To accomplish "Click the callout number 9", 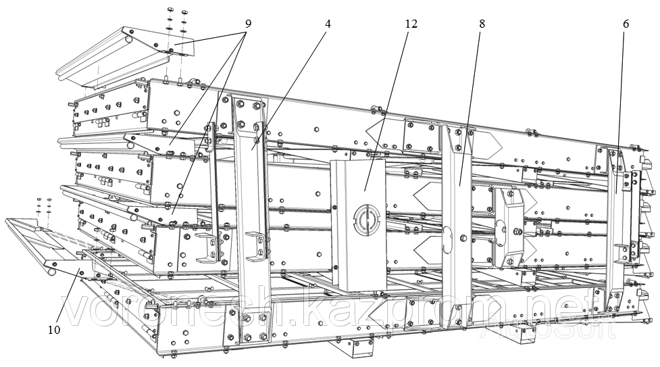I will pos(248,24).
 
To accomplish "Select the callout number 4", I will pos(328,24).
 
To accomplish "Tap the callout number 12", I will pos(411,24).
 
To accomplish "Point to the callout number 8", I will pos(482,24).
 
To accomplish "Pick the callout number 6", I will pos(626,24).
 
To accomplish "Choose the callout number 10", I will pos(54,330).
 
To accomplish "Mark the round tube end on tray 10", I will pos(50,272).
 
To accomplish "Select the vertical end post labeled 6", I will pos(617,223).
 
